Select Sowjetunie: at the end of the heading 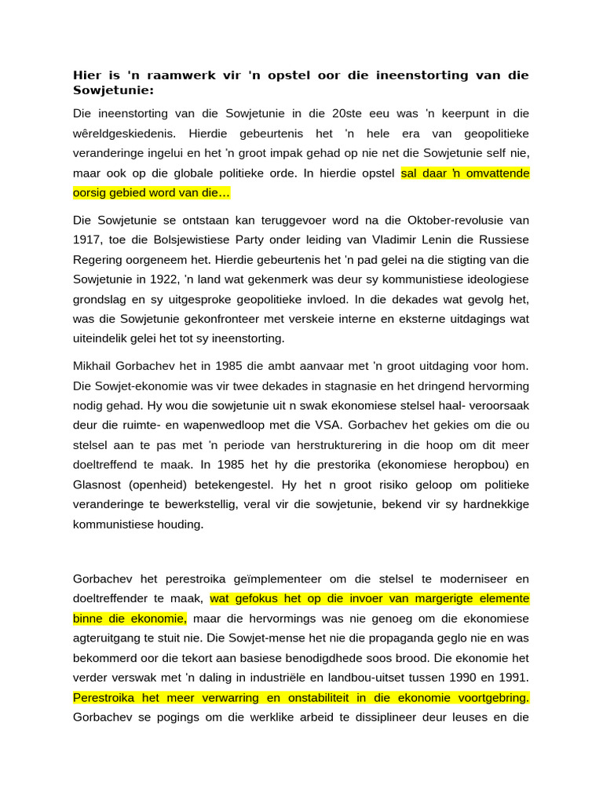114,90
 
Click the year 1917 86,239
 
